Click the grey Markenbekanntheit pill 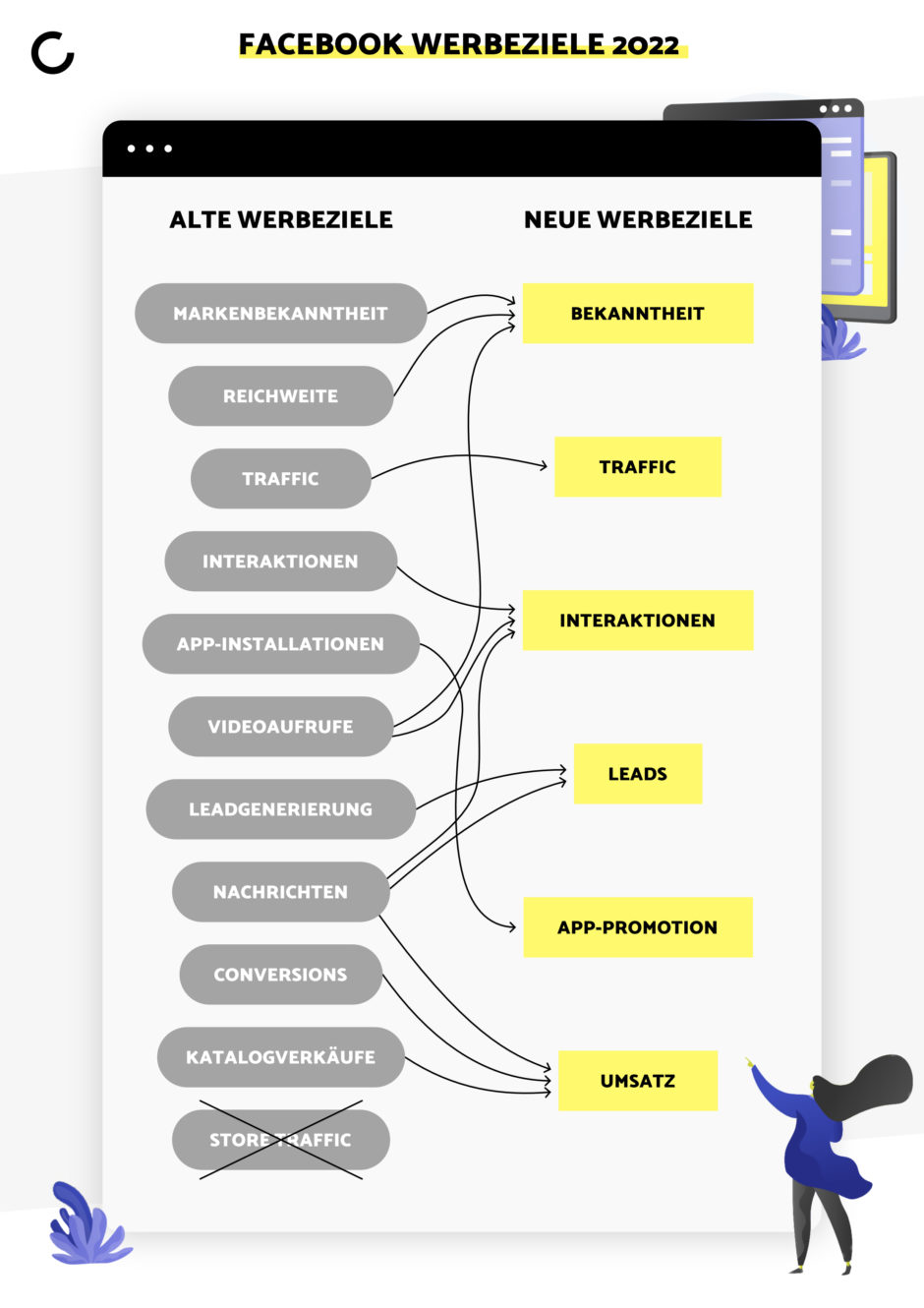pos(281,313)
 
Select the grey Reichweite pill pos(281,396)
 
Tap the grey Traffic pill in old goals pos(281,478)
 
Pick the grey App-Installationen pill pos(281,643)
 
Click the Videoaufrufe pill pos(281,727)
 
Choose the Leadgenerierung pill pos(281,808)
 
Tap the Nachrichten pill pos(281,892)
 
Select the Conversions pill pos(281,974)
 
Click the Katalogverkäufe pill pos(281,1057)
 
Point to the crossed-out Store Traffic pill pos(281,1139)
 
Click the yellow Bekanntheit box pos(638,313)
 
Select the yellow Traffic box pos(638,466)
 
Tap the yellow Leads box pos(638,774)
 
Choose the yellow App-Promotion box pos(638,927)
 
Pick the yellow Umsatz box pos(638,1081)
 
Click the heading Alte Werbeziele pos(281,219)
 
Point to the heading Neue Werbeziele pos(638,219)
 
